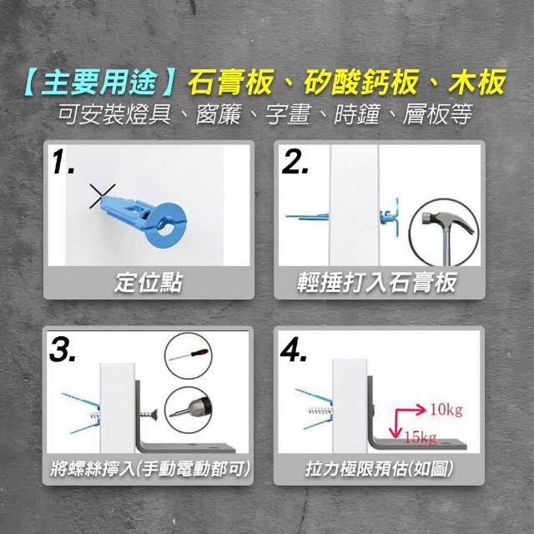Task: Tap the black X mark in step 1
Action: point(102,196)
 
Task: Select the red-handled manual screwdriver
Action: point(189,355)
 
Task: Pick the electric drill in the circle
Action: point(189,410)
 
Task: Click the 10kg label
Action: point(446,409)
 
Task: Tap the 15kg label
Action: point(420,437)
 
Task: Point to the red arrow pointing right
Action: point(410,410)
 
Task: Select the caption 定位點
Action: point(149,283)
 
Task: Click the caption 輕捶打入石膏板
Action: point(376,283)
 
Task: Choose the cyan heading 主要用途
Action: point(98,82)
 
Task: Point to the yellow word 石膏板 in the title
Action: point(230,82)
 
